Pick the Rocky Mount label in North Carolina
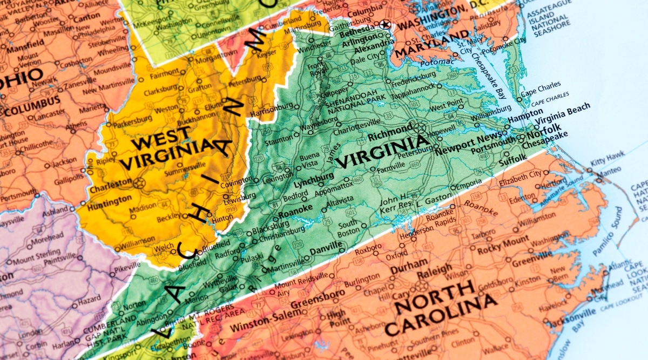coord(502,240)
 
